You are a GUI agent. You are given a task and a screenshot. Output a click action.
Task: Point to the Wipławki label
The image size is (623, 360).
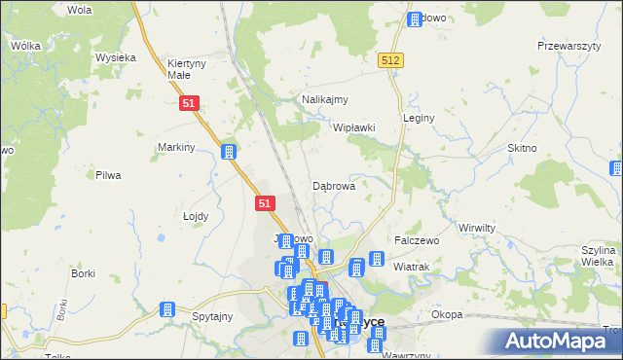tap(354, 127)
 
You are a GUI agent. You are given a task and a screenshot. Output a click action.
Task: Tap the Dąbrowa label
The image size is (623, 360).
tap(333, 185)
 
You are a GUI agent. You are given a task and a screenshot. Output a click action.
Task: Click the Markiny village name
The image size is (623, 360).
tap(177, 147)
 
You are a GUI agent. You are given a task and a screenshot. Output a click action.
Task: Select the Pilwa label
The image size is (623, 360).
tap(107, 175)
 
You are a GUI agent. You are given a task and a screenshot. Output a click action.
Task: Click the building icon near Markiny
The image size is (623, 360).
tap(229, 152)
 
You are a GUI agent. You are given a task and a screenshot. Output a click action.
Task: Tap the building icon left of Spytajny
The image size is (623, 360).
tap(166, 309)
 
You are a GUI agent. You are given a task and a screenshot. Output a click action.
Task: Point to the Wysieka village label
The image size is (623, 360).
tap(115, 57)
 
